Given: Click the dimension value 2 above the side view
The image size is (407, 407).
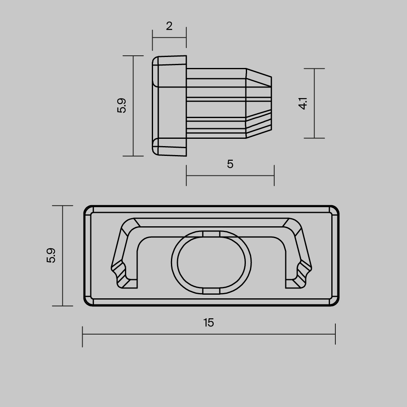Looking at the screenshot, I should click(x=169, y=26).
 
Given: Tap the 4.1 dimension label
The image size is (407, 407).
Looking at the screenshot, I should click(x=302, y=103).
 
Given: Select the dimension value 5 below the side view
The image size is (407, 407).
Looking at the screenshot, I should click(x=230, y=164).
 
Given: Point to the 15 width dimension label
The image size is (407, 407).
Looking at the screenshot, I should click(x=208, y=323).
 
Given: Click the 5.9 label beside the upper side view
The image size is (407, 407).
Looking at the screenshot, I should click(x=122, y=106).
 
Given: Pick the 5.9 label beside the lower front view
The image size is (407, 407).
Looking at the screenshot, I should click(x=51, y=256).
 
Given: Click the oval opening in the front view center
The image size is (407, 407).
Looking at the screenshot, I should click(x=211, y=263).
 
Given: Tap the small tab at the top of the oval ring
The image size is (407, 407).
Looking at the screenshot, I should click(x=211, y=234).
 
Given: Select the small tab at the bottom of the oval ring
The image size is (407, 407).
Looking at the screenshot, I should click(x=211, y=291).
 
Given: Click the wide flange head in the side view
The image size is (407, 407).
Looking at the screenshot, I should click(x=169, y=106).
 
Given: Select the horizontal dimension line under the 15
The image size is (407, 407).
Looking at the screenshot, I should click(x=208, y=335).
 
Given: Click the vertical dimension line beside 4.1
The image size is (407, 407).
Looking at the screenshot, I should click(x=315, y=103).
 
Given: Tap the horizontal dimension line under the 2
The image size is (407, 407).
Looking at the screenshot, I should click(x=169, y=38).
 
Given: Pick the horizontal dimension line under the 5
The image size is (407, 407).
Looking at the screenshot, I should click(x=230, y=175).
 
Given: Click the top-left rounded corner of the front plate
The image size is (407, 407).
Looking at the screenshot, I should click(x=87, y=209).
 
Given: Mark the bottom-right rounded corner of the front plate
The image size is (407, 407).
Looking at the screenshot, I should click(x=336, y=302).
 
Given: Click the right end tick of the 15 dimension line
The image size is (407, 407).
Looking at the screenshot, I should click(x=335, y=334).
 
